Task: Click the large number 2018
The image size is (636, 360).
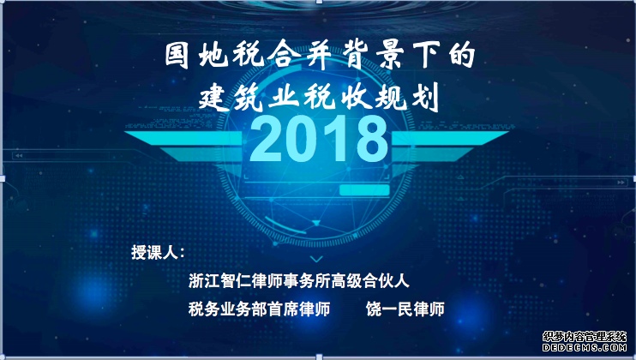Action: pos(319,139)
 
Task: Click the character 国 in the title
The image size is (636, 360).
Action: pos(177,55)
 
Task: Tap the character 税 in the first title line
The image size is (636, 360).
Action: pos(248,55)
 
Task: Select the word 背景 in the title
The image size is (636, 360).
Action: pos(369,55)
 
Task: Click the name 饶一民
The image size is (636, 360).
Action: pos(389,309)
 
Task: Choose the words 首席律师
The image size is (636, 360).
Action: pos(298,309)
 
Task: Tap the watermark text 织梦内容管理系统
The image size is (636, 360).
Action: pos(585,337)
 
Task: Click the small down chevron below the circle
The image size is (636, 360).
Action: pos(316,259)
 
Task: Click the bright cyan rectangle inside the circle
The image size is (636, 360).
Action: pos(364,190)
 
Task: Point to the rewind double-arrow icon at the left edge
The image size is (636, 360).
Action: pos(18,155)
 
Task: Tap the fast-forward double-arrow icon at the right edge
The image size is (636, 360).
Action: pos(621,183)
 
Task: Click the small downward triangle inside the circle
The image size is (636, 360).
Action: pos(316,223)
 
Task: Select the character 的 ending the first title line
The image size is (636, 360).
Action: pos(462,55)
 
